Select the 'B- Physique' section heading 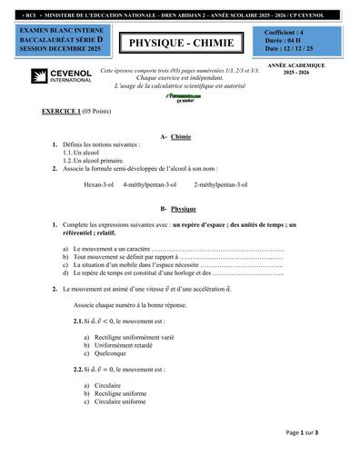point(177,208)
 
